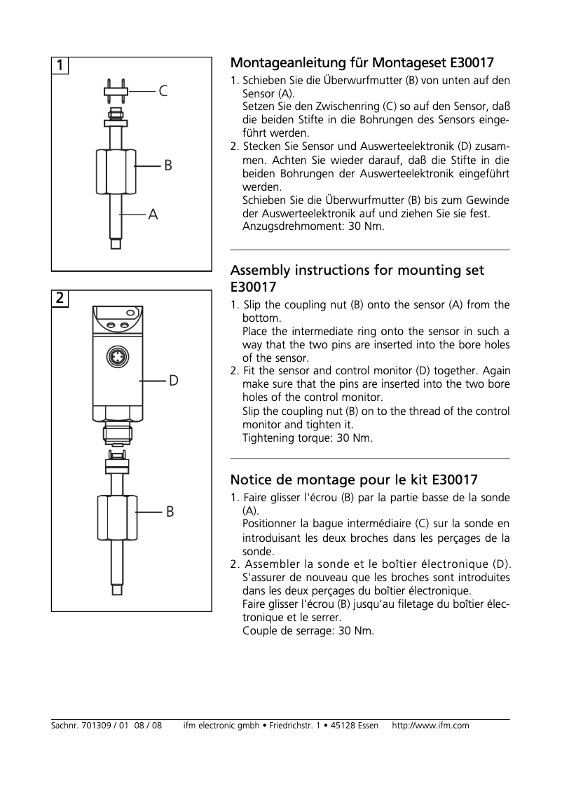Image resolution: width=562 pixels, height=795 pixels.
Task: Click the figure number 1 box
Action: (60, 65)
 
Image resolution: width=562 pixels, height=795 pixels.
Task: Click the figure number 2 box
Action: (60, 298)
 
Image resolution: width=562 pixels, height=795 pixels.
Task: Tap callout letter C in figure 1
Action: (163, 91)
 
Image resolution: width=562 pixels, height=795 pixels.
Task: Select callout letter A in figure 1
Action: (153, 215)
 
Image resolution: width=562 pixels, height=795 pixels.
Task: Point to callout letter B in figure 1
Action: (168, 166)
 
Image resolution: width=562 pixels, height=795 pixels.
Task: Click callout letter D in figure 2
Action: (173, 381)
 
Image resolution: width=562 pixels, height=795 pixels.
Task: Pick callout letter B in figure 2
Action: (170, 512)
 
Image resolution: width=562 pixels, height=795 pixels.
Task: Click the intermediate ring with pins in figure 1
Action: (116, 90)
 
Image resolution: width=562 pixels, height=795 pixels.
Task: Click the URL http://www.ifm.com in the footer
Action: (430, 726)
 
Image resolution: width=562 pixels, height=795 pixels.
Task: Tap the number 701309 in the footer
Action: (95, 726)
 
